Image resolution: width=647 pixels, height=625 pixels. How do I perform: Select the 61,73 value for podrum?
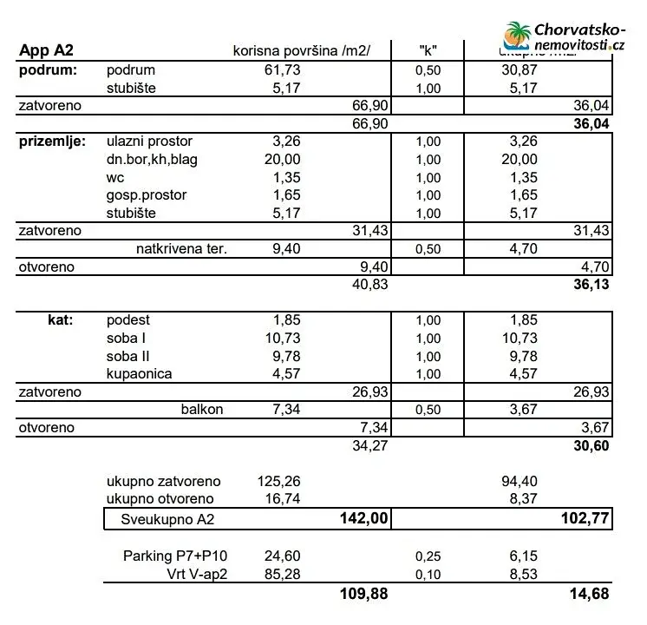pyautogui.click(x=282, y=69)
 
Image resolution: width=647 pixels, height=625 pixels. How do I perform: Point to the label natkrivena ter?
pyautogui.click(x=181, y=249)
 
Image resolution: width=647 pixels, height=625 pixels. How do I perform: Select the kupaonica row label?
pyautogui.click(x=139, y=373)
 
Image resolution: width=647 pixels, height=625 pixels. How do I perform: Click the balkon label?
pyautogui.click(x=202, y=409)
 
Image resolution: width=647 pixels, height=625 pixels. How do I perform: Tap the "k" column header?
pyautogui.click(x=427, y=50)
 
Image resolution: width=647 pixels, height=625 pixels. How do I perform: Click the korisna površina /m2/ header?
pyautogui.click(x=302, y=50)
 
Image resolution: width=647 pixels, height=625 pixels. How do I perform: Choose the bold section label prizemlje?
pyautogui.click(x=52, y=141)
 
